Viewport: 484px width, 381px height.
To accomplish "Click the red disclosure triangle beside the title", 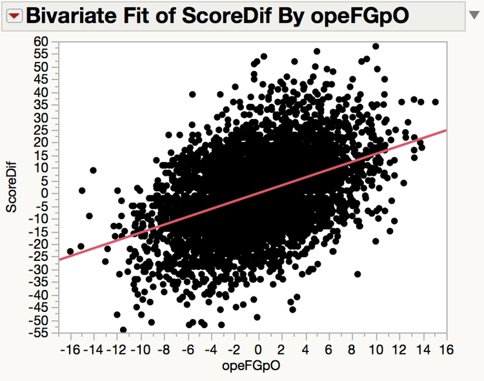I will tap(14, 15).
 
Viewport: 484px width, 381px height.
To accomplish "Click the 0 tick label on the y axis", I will tap(45, 193).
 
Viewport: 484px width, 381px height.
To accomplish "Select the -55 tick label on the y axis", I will tap(39, 333).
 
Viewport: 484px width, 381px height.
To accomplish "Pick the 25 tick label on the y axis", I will tap(41, 130).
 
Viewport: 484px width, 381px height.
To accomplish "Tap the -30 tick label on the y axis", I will tap(39, 269).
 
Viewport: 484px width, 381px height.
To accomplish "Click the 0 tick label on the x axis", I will tap(259, 349).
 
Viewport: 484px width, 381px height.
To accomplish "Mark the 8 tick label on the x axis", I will tap(352, 349).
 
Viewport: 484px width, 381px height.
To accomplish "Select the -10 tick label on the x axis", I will tap(141, 349).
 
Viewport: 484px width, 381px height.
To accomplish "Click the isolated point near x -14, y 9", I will tap(94, 170).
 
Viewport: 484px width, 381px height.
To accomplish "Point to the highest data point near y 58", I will tap(376, 46).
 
